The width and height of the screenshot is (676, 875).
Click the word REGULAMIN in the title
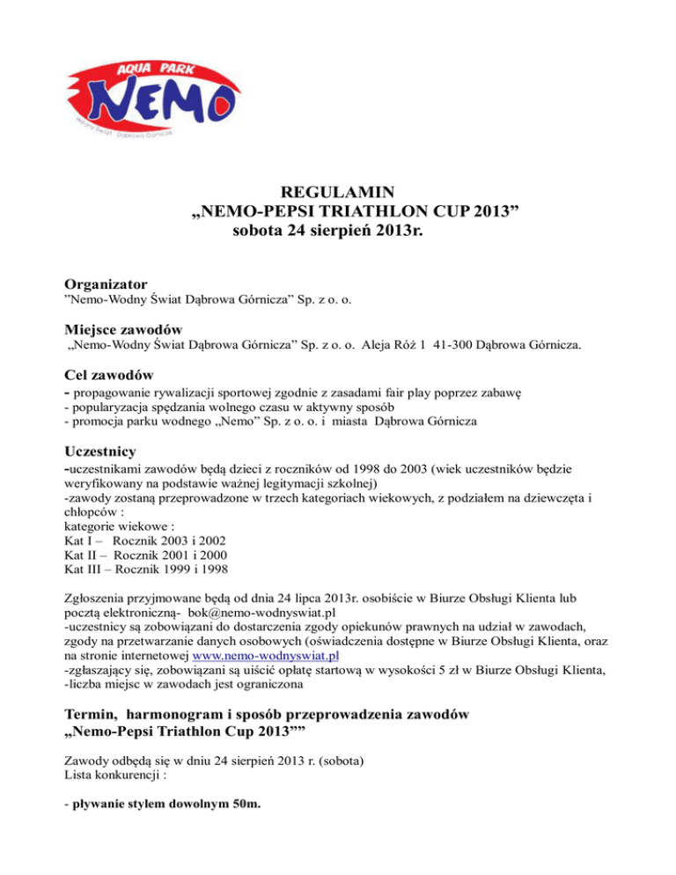click(x=337, y=217)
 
